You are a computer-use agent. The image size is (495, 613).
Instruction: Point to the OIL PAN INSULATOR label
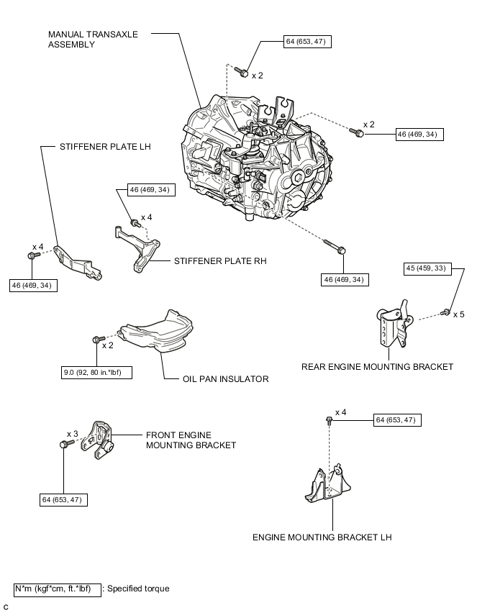point(225,379)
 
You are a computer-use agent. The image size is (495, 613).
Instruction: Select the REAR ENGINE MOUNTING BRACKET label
point(378,366)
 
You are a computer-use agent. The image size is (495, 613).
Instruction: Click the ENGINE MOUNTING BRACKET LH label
point(322,537)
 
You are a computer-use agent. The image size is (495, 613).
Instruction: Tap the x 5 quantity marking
point(459,314)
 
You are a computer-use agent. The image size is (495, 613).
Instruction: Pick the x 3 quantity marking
point(72,434)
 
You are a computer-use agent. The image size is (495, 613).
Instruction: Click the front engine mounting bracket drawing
point(97,440)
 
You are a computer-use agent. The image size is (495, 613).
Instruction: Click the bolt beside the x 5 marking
point(446,312)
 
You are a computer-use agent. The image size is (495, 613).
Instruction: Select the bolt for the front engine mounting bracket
point(63,446)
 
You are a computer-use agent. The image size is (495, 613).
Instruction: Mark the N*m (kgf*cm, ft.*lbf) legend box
point(57,589)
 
